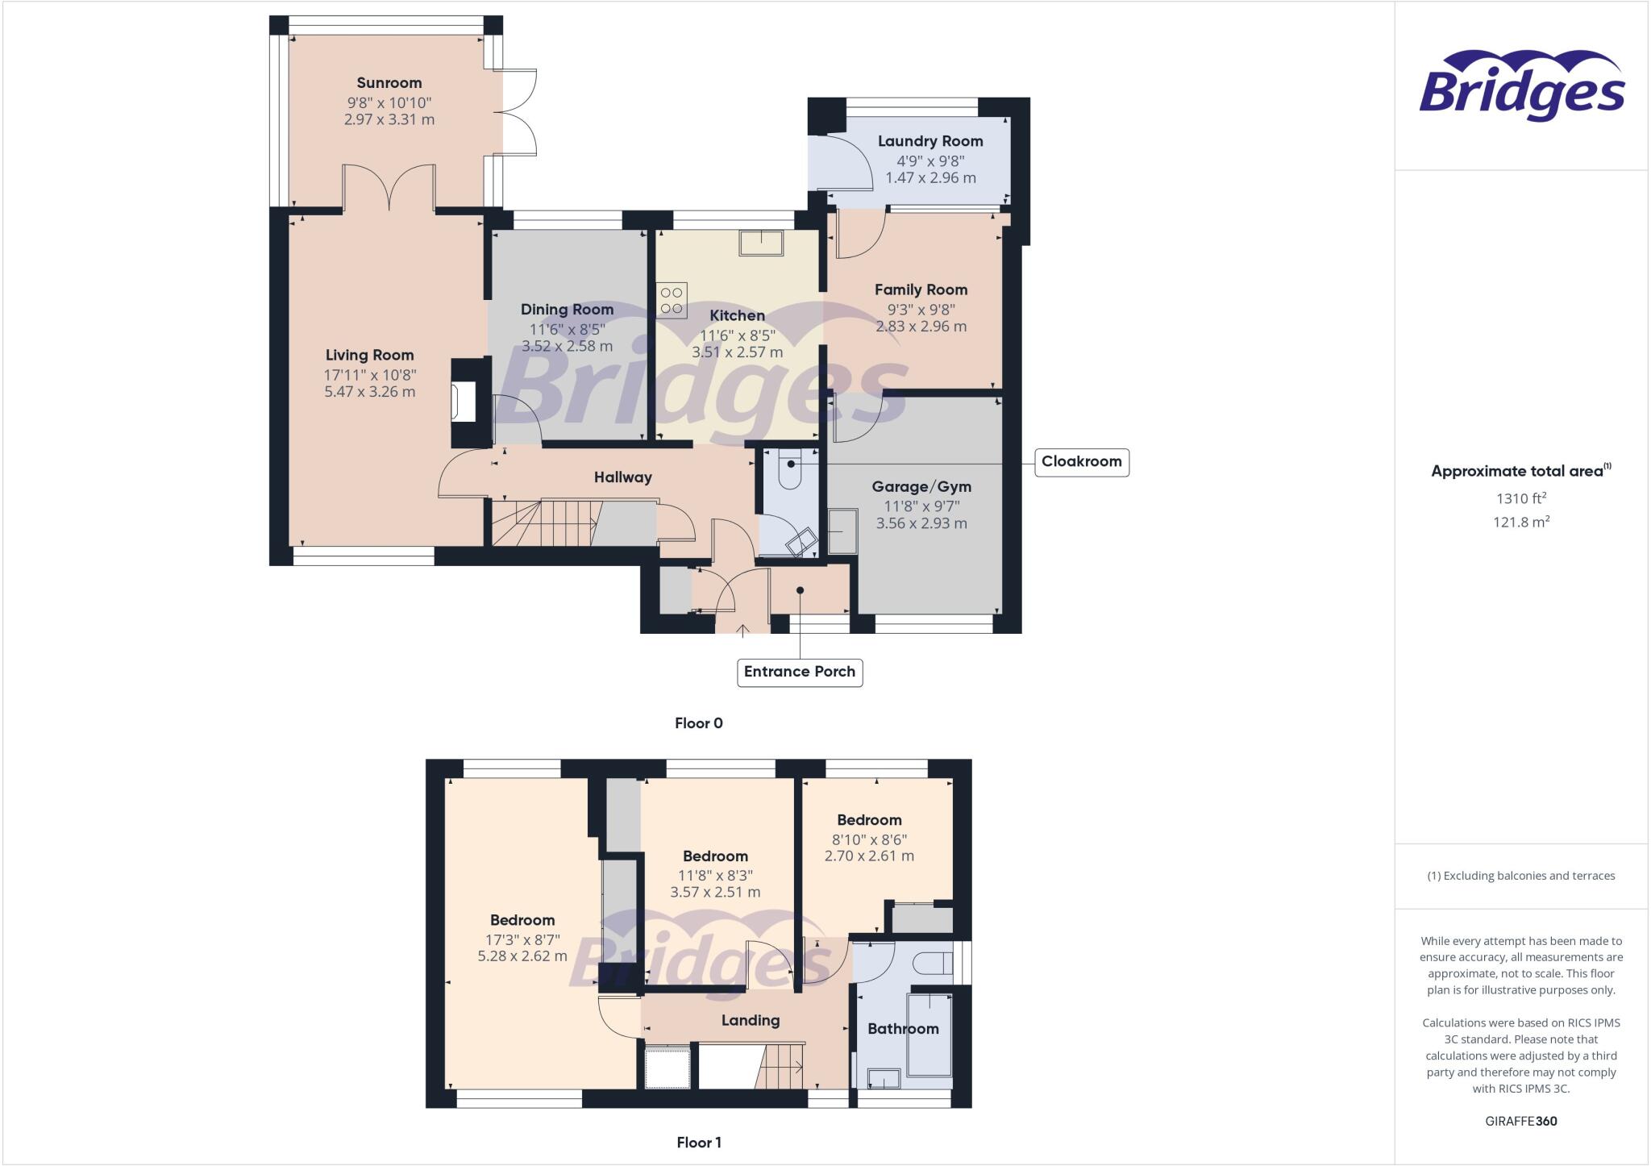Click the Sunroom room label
(x=389, y=83)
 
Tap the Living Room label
(x=369, y=355)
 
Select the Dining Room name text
(x=567, y=310)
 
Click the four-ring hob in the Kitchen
(x=672, y=300)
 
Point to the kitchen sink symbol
(x=762, y=243)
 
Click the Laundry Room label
(x=930, y=141)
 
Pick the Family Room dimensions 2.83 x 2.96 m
(x=921, y=327)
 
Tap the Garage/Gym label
(x=921, y=487)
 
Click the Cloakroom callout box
(x=1081, y=462)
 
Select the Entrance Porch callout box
(x=800, y=672)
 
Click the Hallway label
(x=622, y=477)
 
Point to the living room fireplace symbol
(x=464, y=402)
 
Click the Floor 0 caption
(x=699, y=723)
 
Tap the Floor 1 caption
(x=699, y=1143)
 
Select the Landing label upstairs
(x=750, y=1021)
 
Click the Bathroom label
(x=902, y=1029)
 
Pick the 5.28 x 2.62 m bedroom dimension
(x=522, y=956)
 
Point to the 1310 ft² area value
(x=1520, y=499)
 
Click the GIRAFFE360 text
(x=1520, y=1121)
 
